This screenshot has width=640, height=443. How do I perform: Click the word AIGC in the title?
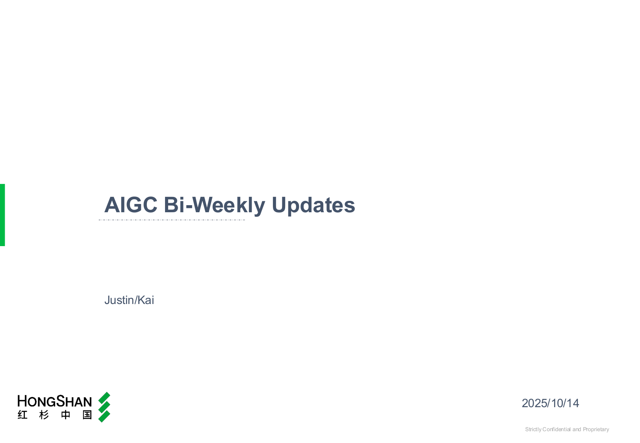(131, 205)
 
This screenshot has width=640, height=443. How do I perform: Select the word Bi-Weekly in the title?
(215, 206)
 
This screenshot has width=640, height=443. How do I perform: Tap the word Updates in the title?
(314, 206)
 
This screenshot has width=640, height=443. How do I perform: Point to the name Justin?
(119, 300)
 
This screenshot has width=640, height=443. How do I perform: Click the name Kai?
(146, 300)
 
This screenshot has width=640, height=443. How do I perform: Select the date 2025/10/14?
(550, 403)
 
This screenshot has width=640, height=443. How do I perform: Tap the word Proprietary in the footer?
(596, 430)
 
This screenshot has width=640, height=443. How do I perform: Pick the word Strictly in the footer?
(533, 430)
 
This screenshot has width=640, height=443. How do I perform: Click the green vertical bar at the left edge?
(2, 215)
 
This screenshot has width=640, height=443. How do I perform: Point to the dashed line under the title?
(172, 220)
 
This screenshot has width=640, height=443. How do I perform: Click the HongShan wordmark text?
(55, 401)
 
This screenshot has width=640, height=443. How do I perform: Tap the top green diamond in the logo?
(104, 398)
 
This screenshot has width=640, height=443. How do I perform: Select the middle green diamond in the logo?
(104, 407)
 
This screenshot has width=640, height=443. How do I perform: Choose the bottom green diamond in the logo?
(104, 417)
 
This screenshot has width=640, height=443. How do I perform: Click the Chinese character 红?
(22, 415)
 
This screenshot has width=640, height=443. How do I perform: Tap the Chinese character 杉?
(44, 415)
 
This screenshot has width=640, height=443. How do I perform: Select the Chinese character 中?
(65, 415)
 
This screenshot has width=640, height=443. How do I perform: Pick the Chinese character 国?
(87, 415)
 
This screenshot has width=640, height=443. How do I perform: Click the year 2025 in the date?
(534, 403)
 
